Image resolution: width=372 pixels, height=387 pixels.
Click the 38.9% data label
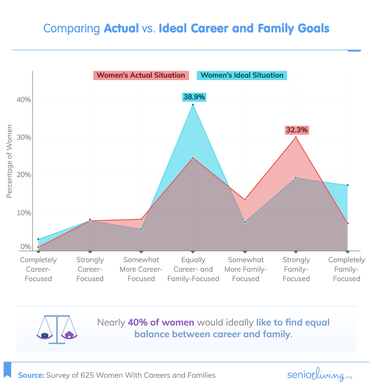pyautogui.click(x=194, y=97)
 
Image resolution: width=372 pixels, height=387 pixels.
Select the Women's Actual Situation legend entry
pyautogui.click(x=141, y=75)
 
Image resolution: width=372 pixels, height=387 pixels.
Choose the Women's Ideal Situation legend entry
pyautogui.click(x=242, y=75)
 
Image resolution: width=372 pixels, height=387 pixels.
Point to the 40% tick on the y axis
pyautogui.click(x=24, y=100)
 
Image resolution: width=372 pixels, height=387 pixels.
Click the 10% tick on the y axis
pyautogui.click(x=24, y=213)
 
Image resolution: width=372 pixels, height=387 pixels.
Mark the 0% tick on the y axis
pyautogui.click(x=26, y=247)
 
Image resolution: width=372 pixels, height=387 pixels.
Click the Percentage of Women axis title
pyautogui.click(x=9, y=162)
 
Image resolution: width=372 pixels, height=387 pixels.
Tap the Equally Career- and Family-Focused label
pyautogui.click(x=193, y=269)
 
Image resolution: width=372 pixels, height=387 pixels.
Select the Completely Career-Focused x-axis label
pyautogui.click(x=38, y=269)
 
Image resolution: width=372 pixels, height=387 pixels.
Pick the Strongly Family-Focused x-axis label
pyautogui.click(x=296, y=269)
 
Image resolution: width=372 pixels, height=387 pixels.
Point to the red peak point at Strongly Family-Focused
pyautogui.click(x=296, y=137)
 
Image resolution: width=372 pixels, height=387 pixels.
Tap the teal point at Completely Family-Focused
pyautogui.click(x=347, y=185)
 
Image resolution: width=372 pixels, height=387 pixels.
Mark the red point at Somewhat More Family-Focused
pyautogui.click(x=245, y=200)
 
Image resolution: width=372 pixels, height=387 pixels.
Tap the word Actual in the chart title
pyautogui.click(x=121, y=28)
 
